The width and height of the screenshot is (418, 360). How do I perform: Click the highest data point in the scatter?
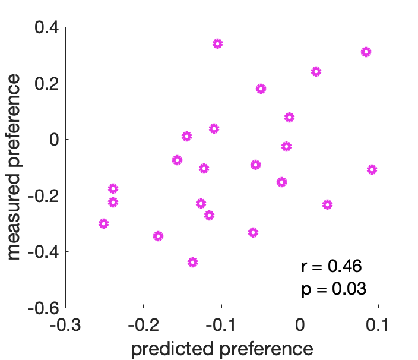[x=217, y=43]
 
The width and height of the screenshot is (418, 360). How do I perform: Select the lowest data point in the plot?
[x=192, y=262]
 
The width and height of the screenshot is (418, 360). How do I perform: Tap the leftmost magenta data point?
[x=103, y=223]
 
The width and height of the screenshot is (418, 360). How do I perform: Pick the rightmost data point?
[x=372, y=169]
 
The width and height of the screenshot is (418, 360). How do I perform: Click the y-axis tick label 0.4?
[x=45, y=27]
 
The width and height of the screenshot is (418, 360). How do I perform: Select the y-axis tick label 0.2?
[x=45, y=83]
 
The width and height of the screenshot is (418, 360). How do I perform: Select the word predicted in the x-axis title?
[x=169, y=348]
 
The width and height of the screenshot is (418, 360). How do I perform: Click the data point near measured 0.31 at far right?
[x=366, y=52]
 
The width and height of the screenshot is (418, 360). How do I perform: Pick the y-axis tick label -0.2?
[x=42, y=195]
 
